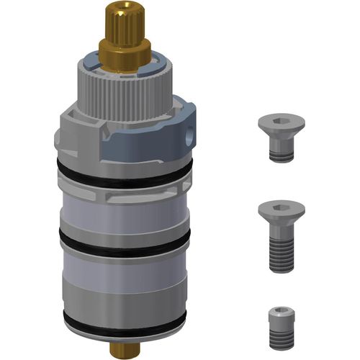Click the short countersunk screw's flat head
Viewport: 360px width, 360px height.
click(x=282, y=125)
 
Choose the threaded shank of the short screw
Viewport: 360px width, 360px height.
click(x=282, y=151)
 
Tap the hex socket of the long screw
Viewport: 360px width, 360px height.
click(x=282, y=206)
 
